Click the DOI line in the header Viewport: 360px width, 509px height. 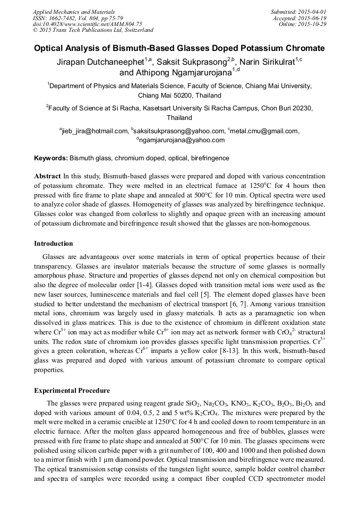click(87, 24)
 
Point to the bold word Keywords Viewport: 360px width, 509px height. click(51, 158)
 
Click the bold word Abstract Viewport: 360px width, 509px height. click(47, 176)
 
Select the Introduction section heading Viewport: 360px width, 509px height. click(54, 244)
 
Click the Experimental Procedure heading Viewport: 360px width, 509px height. click(72, 391)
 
